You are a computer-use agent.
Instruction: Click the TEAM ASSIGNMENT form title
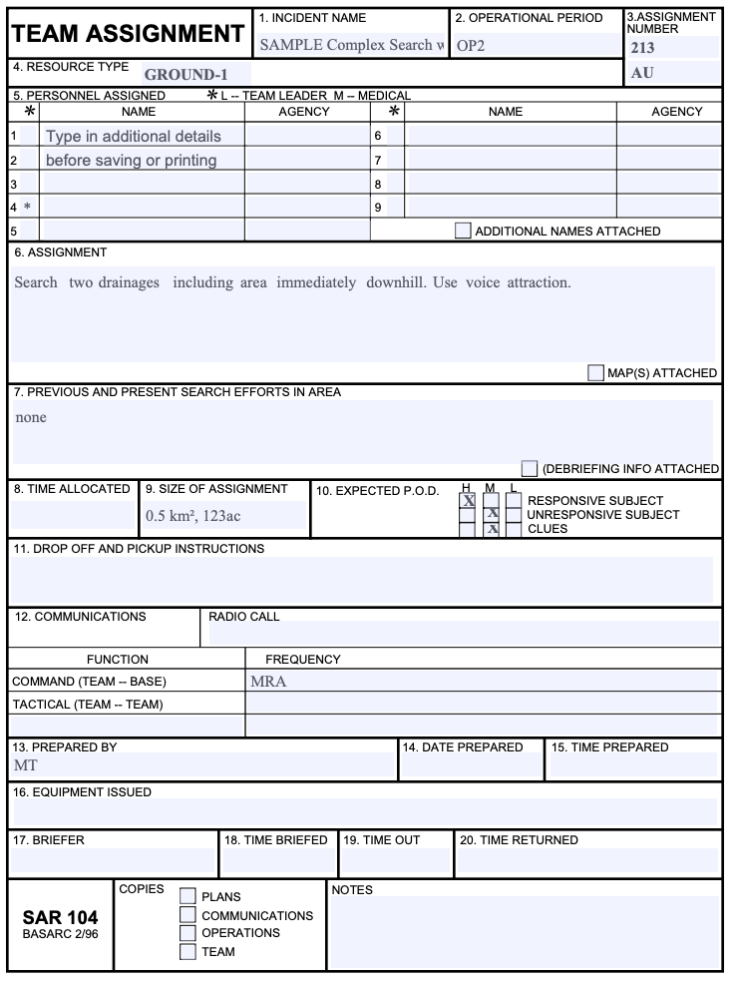click(x=128, y=34)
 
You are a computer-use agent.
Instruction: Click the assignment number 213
click(x=644, y=46)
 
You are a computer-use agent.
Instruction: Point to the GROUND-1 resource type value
click(x=185, y=74)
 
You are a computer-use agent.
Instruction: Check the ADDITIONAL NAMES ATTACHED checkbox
click(x=463, y=231)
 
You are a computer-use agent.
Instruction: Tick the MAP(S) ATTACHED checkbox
click(x=596, y=372)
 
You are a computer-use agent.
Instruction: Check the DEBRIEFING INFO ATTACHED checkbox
click(x=530, y=468)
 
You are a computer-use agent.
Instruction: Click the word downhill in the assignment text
click(x=397, y=282)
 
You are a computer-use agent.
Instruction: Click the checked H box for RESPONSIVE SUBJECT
click(x=467, y=501)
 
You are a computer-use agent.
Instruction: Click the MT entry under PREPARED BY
click(x=25, y=765)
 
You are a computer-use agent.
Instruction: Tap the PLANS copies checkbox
click(x=187, y=896)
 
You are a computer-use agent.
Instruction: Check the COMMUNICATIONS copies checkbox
click(x=187, y=914)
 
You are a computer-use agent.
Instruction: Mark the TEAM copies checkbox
click(x=187, y=951)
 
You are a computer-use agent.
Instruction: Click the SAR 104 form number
click(x=59, y=917)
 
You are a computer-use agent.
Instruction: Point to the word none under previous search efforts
click(x=31, y=417)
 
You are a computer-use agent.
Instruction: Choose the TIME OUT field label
click(x=382, y=840)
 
